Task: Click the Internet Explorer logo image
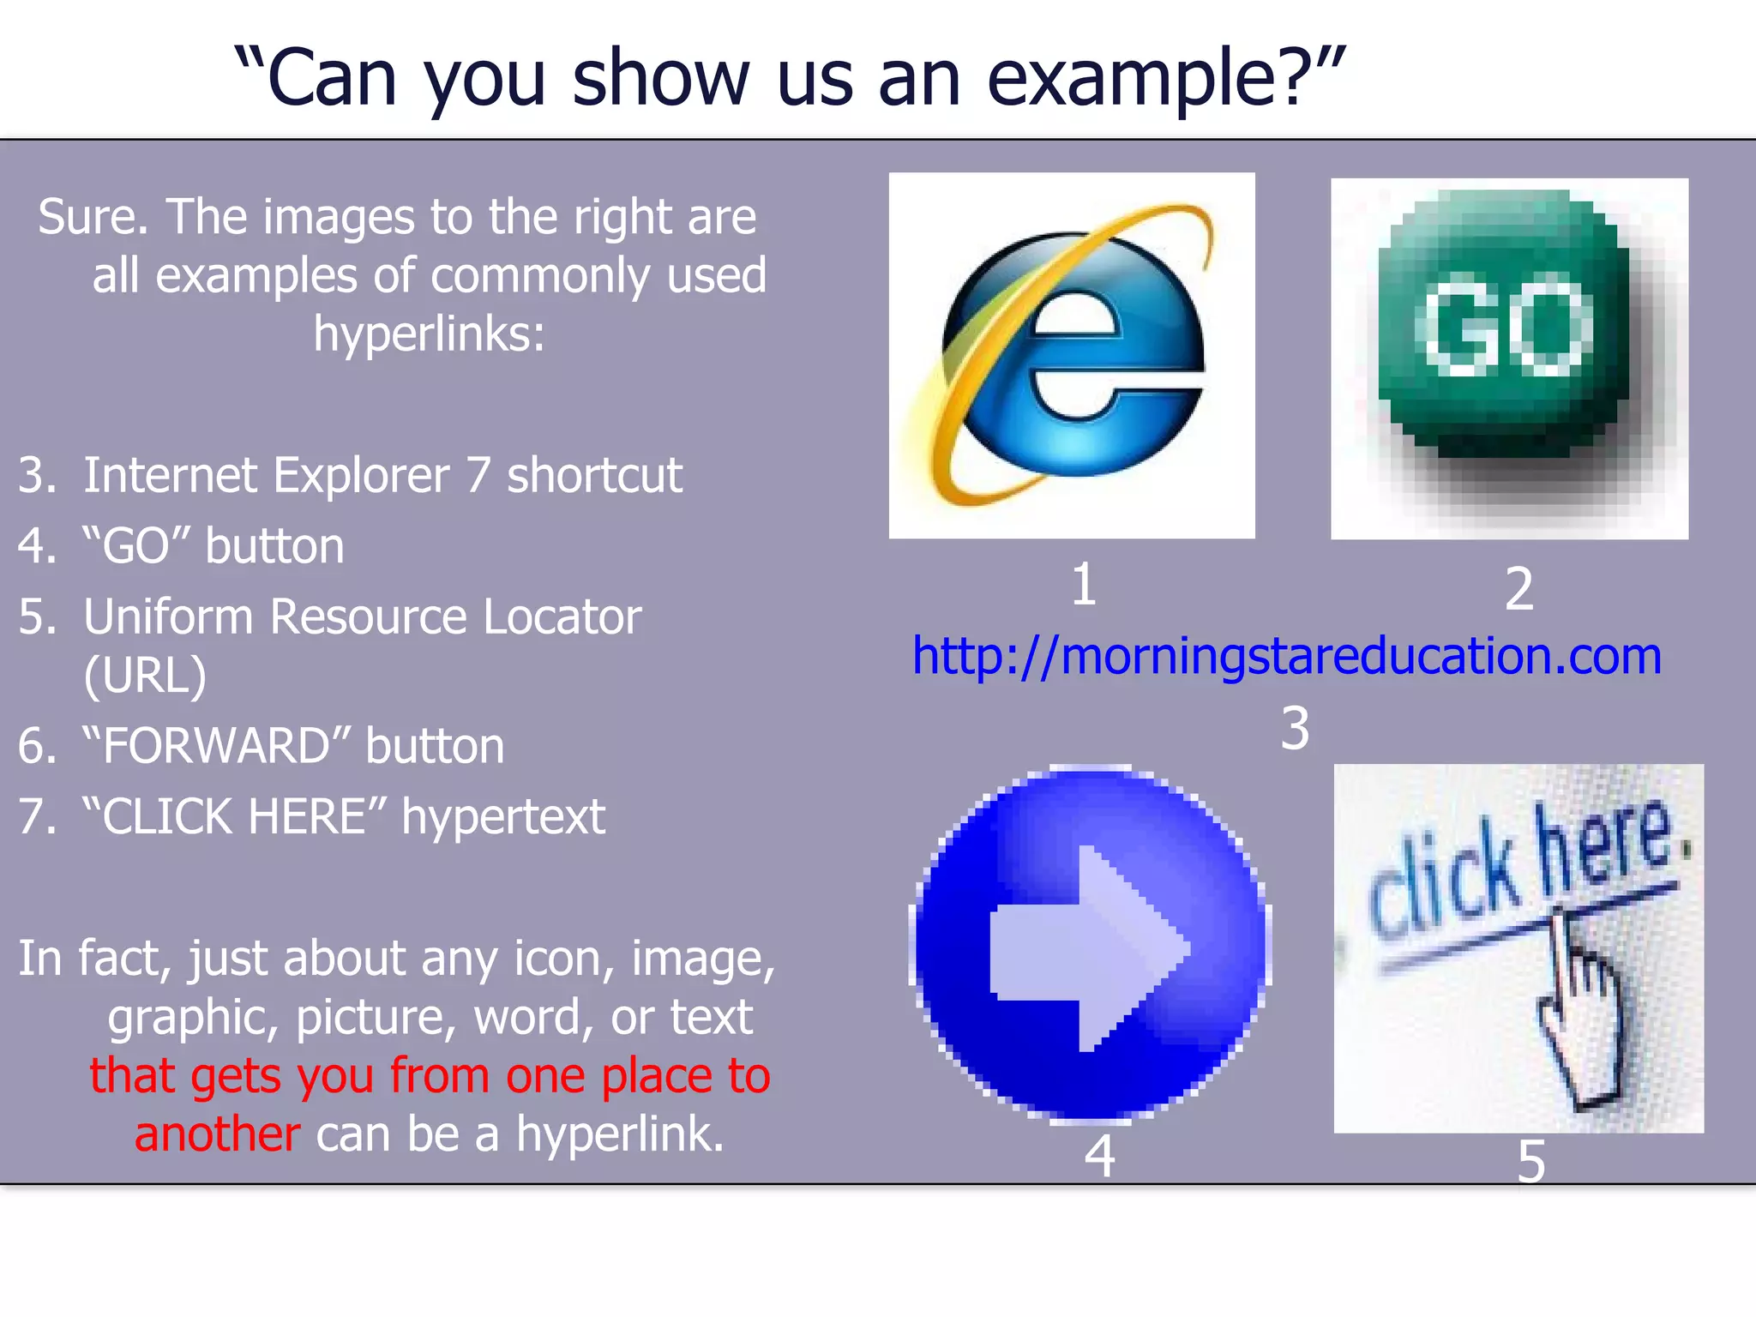[x=1072, y=356]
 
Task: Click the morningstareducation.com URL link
[x=1286, y=657]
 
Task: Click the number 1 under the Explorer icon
[x=1084, y=585]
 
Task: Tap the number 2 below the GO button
[x=1518, y=590]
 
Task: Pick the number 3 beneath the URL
[x=1295, y=729]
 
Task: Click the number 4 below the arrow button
[x=1099, y=1157]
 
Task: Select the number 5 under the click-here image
[x=1531, y=1163]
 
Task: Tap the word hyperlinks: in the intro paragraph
[x=429, y=334]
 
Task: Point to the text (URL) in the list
[x=145, y=676]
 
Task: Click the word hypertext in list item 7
[x=503, y=816]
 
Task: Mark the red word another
[x=217, y=1134]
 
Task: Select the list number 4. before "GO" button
[x=37, y=546]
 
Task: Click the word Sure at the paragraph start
[x=93, y=216]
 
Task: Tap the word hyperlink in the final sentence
[x=619, y=1134]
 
